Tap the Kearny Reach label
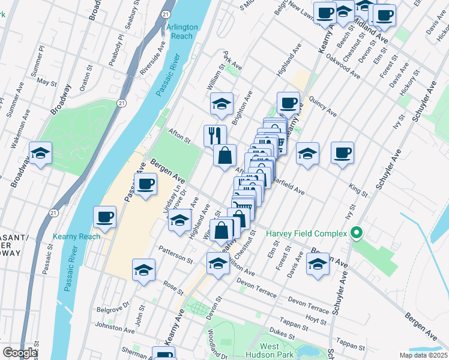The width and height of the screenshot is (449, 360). pyautogui.click(x=76, y=236)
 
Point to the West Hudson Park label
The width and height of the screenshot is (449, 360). pyautogui.click(x=277, y=351)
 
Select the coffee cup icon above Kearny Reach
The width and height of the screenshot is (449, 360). pyautogui.click(x=104, y=217)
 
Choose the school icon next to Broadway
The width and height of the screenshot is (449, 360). pyautogui.click(x=41, y=154)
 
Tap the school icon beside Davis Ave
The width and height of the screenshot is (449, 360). pyautogui.click(x=318, y=264)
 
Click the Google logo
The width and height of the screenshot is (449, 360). pyautogui.click(x=19, y=353)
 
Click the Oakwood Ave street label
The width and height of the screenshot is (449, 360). pyautogui.click(x=343, y=69)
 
